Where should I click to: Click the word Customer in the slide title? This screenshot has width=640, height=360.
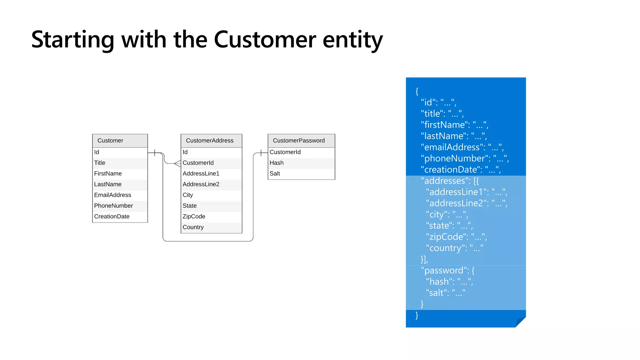pos(265,40)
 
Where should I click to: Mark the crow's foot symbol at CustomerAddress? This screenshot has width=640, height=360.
pos(177,163)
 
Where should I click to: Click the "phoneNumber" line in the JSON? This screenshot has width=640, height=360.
pos(465,158)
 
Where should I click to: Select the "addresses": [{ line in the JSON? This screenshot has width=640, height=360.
pos(450,181)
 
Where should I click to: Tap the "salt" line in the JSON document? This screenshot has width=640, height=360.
pos(446,293)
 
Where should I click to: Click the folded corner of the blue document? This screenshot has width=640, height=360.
pos(521,322)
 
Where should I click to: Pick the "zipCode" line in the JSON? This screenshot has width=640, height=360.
pos(456,237)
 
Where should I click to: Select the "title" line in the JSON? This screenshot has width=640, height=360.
pos(442,114)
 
